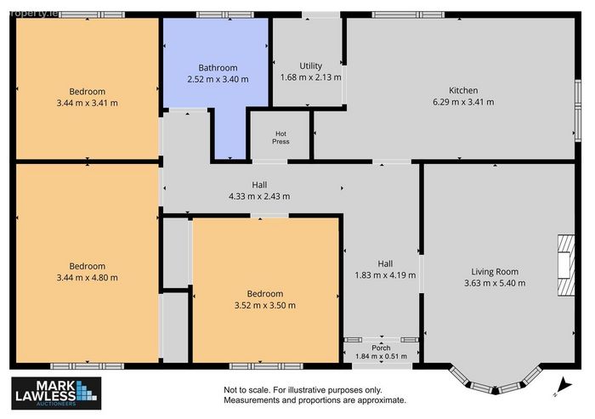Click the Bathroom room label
(x=218, y=68)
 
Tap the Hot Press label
(x=280, y=138)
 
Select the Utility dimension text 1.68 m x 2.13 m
(x=311, y=77)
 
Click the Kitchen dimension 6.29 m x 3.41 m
(x=463, y=102)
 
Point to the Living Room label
(x=495, y=272)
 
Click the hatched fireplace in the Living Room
(x=566, y=265)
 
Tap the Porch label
(x=381, y=348)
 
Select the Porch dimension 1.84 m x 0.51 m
(x=381, y=356)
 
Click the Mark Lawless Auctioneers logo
(x=56, y=394)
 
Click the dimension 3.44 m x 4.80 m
(x=88, y=277)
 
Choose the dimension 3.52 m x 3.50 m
(x=265, y=305)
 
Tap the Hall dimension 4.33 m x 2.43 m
(x=259, y=196)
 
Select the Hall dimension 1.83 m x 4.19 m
(x=385, y=275)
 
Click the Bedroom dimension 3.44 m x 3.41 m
(x=88, y=103)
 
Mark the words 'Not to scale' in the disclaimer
(x=246, y=390)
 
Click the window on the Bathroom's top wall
(x=224, y=14)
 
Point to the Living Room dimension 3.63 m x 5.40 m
(x=495, y=283)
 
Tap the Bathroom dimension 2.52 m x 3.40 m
(x=218, y=79)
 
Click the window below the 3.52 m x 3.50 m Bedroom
(x=266, y=366)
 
